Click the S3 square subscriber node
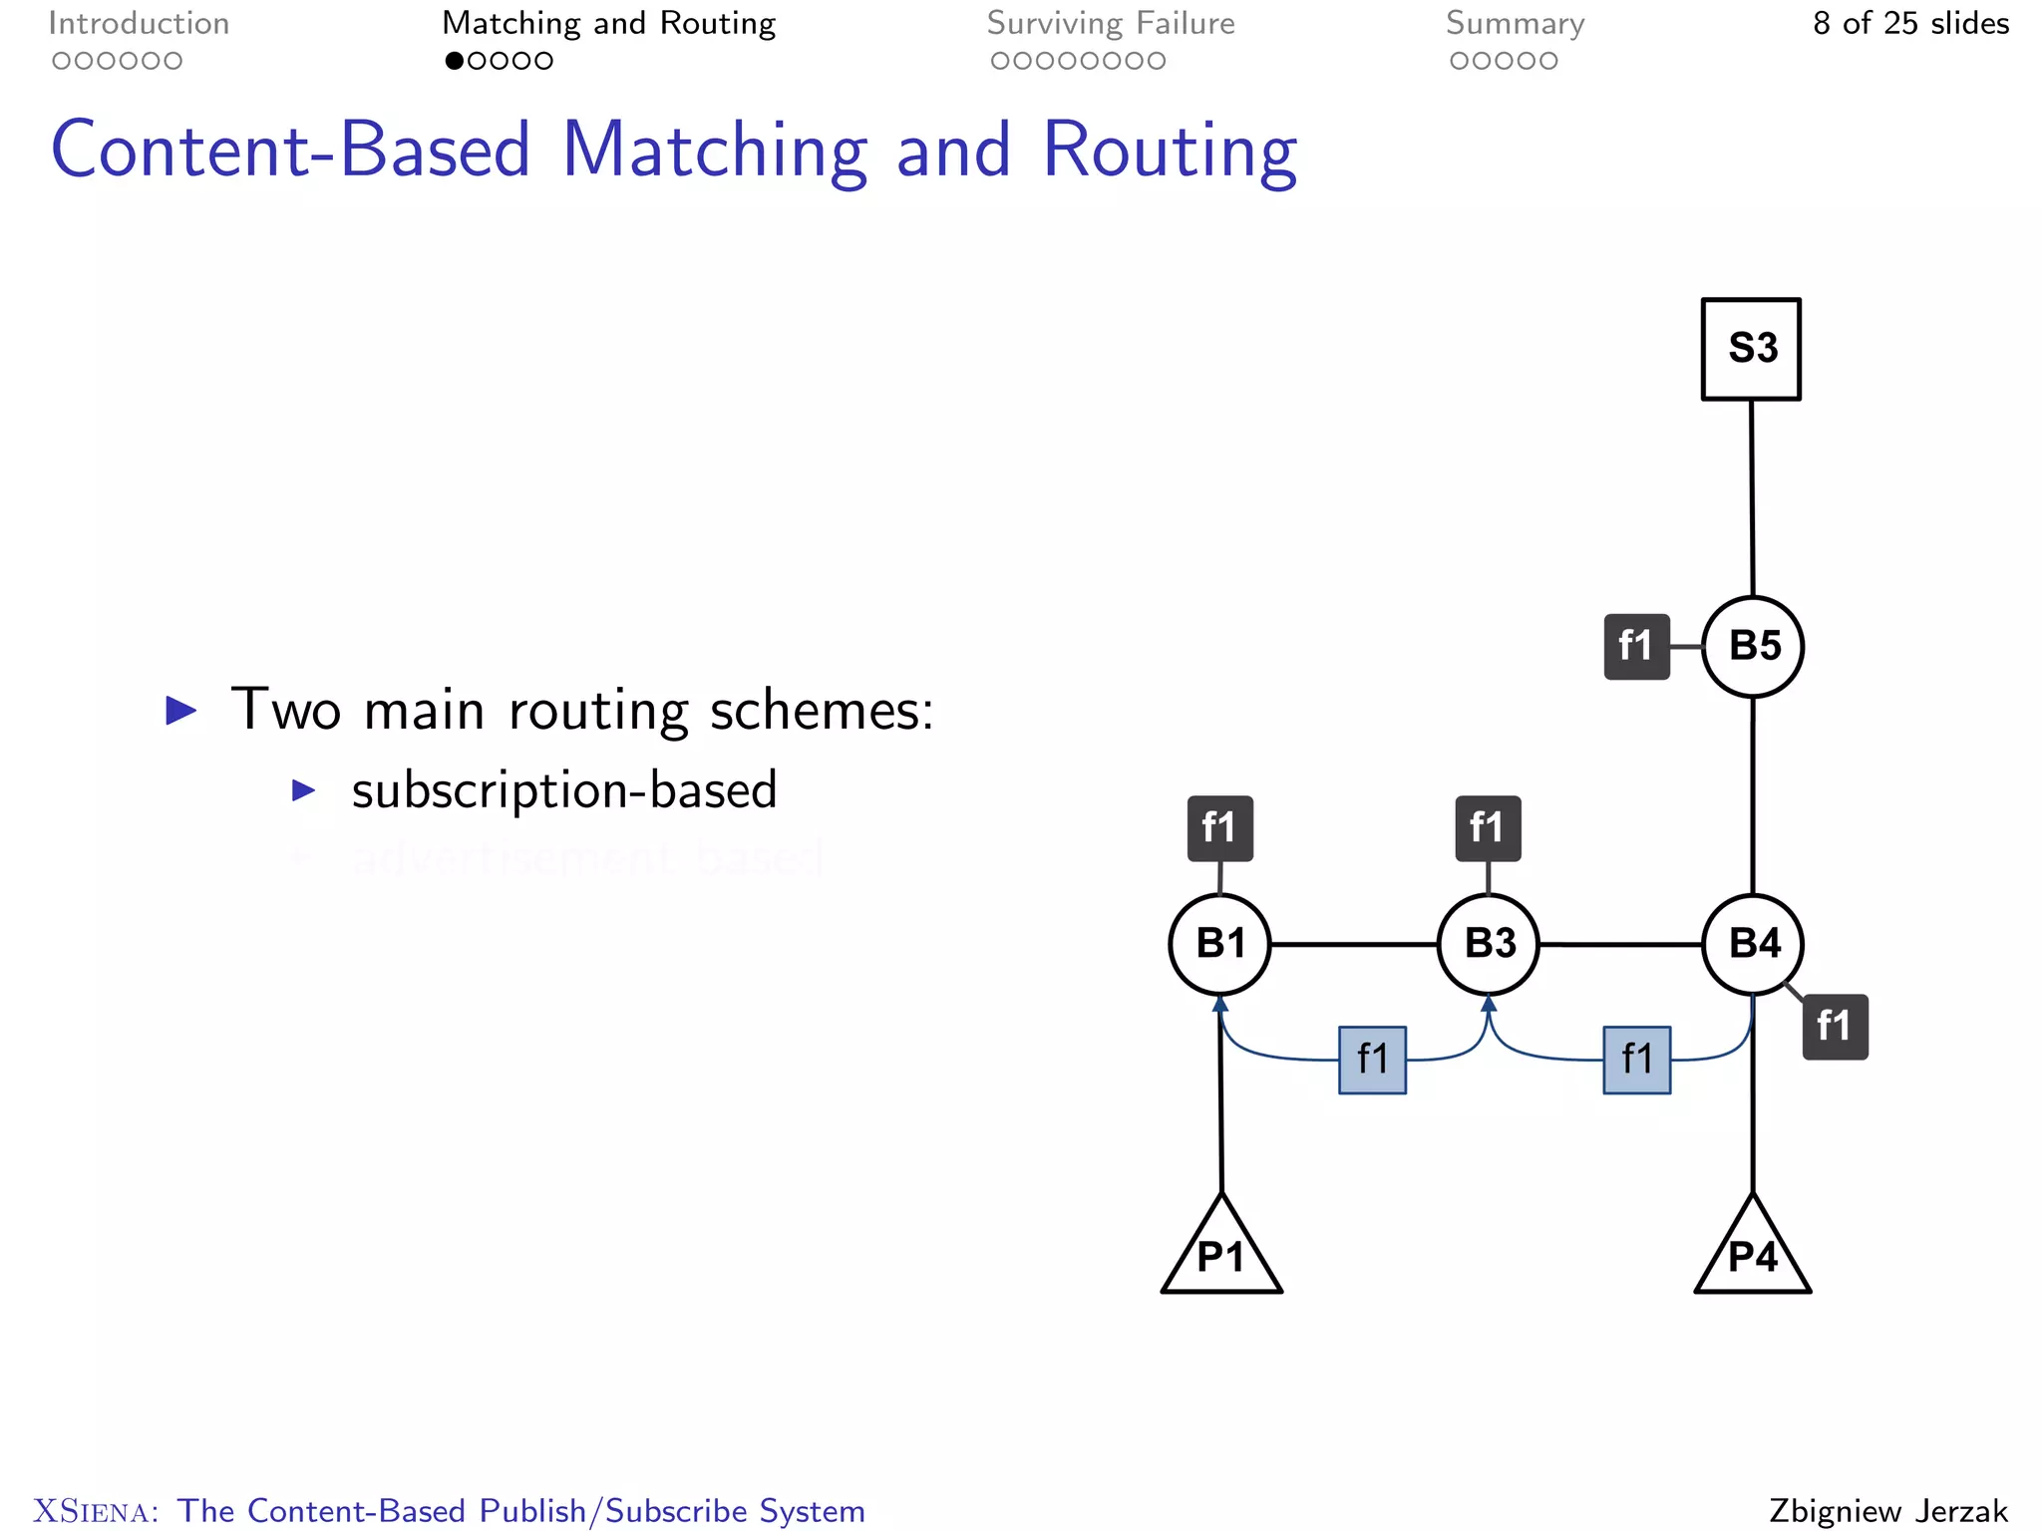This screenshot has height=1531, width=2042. [x=1751, y=349]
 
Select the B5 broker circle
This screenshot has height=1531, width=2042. [x=1753, y=646]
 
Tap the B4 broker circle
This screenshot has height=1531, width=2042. [x=1753, y=943]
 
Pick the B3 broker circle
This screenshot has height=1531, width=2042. [x=1489, y=943]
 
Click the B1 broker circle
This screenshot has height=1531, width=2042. [x=1219, y=943]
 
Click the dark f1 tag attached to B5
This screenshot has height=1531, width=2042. [x=1636, y=646]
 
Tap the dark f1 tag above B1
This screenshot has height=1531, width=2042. [x=1219, y=827]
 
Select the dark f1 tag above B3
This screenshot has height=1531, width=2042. [x=1488, y=827]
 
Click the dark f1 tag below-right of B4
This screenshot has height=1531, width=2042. [x=1835, y=1026]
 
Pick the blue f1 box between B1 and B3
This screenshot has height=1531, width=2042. [x=1372, y=1060]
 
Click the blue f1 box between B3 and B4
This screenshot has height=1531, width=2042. [x=1636, y=1060]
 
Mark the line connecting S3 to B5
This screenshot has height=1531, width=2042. [x=1752, y=498]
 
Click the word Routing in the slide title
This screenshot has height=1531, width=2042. [x=1170, y=150]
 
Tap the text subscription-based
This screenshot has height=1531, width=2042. [x=563, y=790]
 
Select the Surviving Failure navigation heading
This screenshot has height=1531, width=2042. [x=1111, y=23]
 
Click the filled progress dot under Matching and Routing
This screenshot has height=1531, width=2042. [x=454, y=61]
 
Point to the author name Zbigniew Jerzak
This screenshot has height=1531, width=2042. [x=1888, y=1510]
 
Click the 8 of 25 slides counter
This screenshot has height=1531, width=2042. [x=1910, y=23]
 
